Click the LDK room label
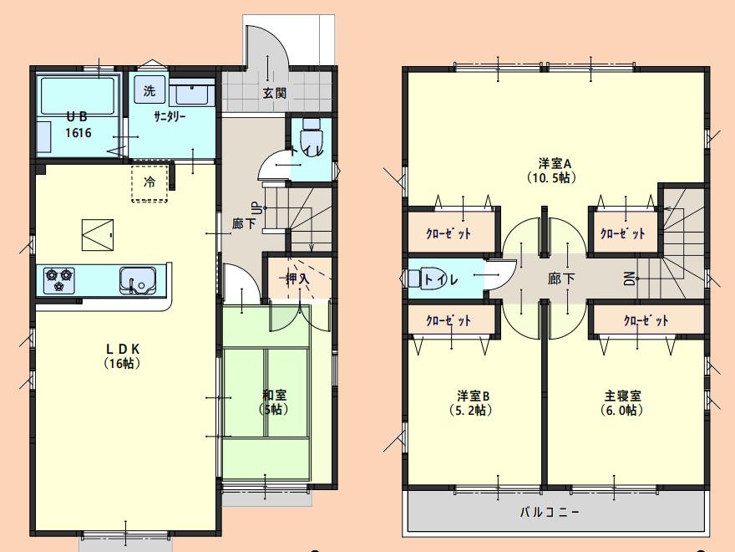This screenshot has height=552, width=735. (x=122, y=355)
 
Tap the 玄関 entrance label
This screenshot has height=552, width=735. (x=274, y=93)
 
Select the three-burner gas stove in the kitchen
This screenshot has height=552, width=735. (x=59, y=279)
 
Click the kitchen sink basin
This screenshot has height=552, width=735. (x=137, y=280)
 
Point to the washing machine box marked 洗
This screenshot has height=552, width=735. (x=149, y=90)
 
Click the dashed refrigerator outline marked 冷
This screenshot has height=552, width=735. (x=150, y=183)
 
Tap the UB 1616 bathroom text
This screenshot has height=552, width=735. (x=79, y=125)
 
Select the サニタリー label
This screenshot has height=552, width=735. (x=170, y=116)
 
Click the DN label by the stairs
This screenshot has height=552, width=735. (x=629, y=279)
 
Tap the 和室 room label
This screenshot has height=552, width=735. (x=274, y=402)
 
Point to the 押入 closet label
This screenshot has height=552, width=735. (x=297, y=279)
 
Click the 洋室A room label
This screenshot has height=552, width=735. (x=553, y=171)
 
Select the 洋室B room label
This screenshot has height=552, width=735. (x=473, y=403)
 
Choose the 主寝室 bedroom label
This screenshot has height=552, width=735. (x=622, y=403)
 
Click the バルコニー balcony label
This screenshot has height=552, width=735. (x=550, y=512)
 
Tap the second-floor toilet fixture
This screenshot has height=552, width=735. (x=424, y=279)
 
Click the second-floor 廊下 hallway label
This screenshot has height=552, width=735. (x=561, y=279)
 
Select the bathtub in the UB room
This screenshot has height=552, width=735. (x=78, y=95)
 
